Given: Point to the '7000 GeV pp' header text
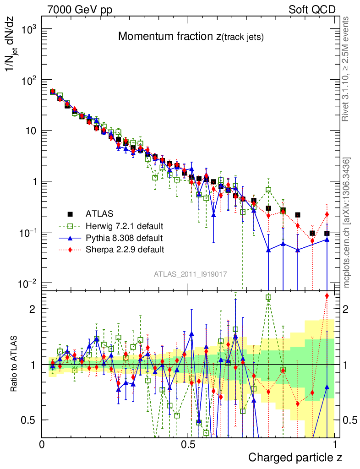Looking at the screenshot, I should (80, 10).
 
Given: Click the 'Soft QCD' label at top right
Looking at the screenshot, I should (312, 10).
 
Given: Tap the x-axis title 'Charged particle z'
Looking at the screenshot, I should (295, 457).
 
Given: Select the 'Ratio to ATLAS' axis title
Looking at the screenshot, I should (15, 364).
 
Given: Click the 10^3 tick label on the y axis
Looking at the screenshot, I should (29, 29).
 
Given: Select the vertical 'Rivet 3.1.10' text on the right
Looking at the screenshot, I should (347, 69).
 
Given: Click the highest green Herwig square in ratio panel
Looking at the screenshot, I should (268, 297).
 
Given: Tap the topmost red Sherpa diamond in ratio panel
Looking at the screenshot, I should (327, 295).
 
